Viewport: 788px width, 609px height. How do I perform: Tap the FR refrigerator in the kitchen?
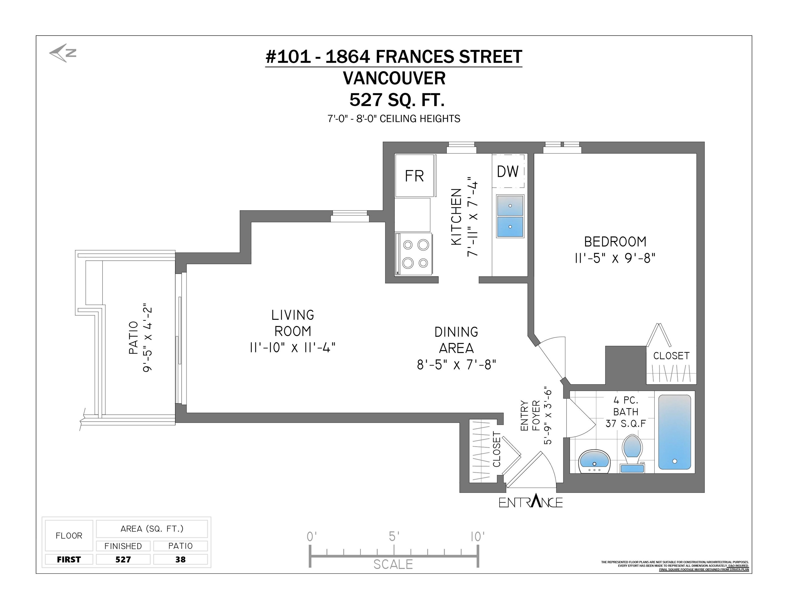[414, 176]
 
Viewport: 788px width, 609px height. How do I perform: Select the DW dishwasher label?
[508, 172]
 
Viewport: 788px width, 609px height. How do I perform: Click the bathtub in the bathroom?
[674, 432]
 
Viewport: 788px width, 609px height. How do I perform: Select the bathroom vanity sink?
[594, 461]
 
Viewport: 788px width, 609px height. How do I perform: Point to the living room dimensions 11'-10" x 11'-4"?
[293, 347]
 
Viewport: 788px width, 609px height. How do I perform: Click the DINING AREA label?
[457, 340]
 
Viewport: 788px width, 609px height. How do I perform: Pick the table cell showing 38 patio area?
[180, 559]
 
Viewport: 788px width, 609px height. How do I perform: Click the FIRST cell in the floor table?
[69, 559]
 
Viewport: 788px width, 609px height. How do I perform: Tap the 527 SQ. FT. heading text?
[397, 100]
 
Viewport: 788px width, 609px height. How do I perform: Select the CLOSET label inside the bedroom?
[671, 356]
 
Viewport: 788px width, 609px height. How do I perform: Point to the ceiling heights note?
[394, 118]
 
